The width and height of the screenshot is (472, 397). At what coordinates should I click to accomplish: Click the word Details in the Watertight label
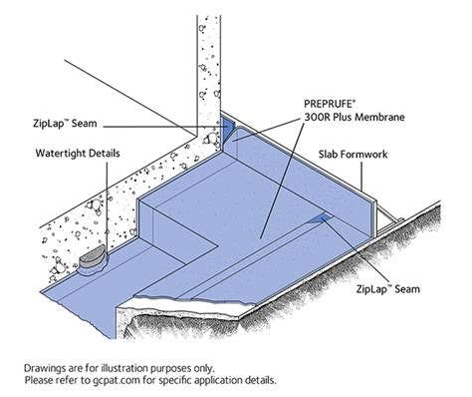click(x=100, y=156)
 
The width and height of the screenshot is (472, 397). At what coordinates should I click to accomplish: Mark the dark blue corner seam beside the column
click(x=227, y=128)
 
